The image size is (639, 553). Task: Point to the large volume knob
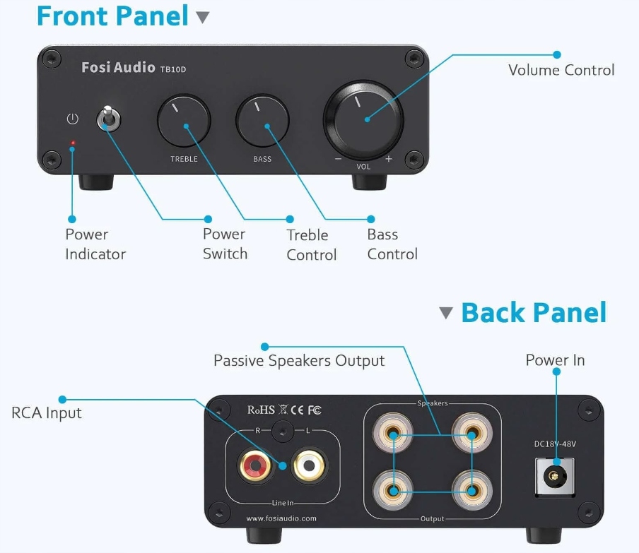(x=363, y=117)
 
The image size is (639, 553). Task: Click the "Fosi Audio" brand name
(x=118, y=68)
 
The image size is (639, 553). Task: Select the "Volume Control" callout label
(x=561, y=70)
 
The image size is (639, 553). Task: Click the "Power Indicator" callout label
(x=95, y=244)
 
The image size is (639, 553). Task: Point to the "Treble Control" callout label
(x=311, y=245)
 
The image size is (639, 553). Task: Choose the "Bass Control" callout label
(x=392, y=244)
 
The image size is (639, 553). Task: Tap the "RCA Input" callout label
(x=47, y=413)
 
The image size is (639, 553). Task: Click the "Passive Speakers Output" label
(x=299, y=361)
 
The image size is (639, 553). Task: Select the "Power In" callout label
(x=555, y=360)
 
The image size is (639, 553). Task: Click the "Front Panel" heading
(x=112, y=16)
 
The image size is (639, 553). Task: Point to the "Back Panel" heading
(x=534, y=312)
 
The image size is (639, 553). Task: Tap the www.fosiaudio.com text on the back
(x=281, y=518)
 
